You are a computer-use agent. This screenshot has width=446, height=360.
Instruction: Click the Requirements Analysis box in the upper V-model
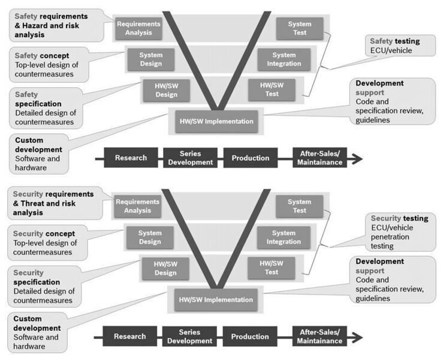point(139,28)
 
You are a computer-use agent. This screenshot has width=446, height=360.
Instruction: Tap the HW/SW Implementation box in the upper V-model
point(217,121)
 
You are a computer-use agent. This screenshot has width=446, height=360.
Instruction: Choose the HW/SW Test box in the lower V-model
point(272,268)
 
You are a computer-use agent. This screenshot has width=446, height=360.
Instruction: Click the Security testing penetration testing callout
point(399,232)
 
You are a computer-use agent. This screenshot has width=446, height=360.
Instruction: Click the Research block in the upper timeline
point(131,158)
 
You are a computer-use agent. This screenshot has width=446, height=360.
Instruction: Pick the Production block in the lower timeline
point(251,337)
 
